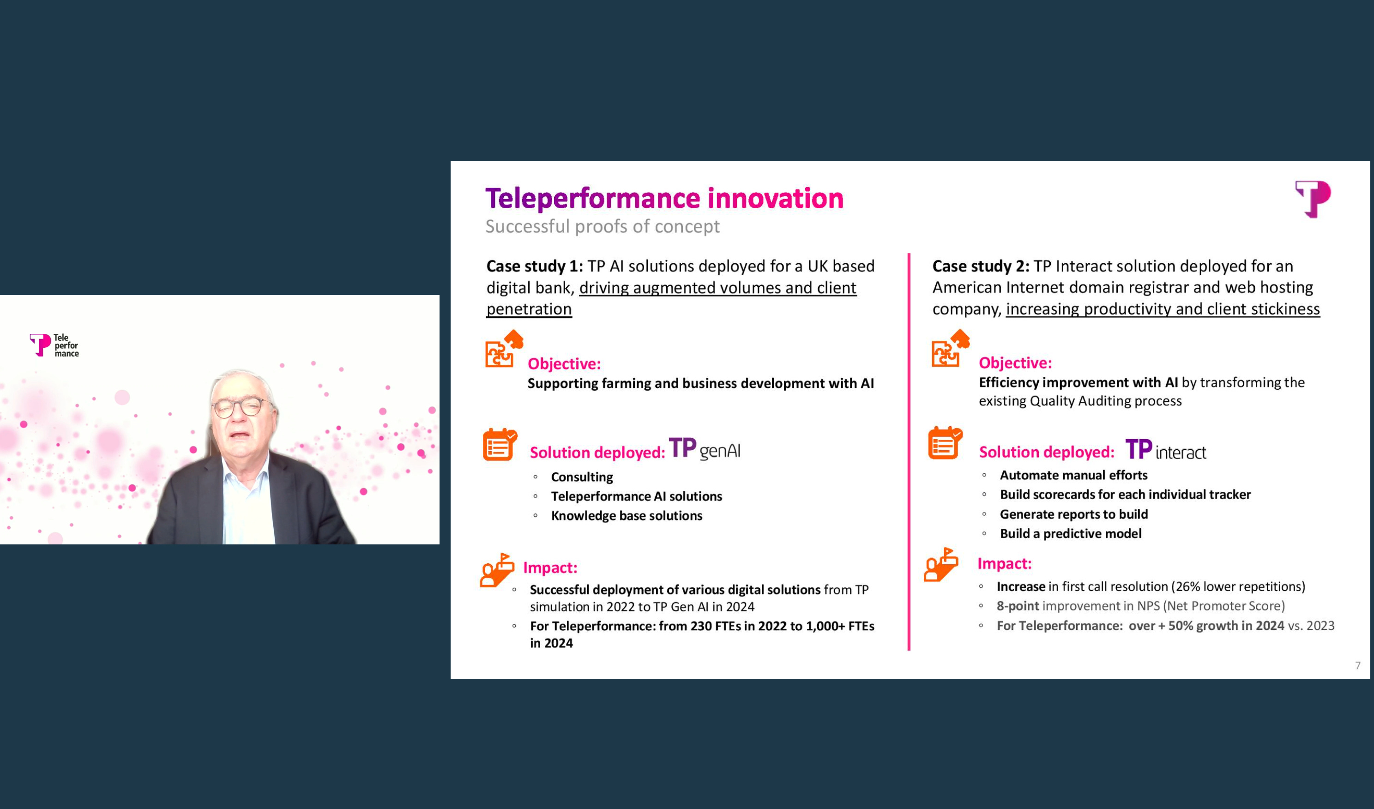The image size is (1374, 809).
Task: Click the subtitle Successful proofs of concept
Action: coord(602,226)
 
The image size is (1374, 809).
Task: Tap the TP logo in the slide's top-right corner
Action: coord(1313,199)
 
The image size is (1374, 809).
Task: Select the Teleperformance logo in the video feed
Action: coord(54,345)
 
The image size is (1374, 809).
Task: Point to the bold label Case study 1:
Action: coord(534,266)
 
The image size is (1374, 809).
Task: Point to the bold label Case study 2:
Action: coord(980,266)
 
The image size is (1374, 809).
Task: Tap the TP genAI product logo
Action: coord(704,449)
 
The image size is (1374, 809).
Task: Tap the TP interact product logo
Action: coord(1165,450)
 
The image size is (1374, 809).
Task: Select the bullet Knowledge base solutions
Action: coord(626,516)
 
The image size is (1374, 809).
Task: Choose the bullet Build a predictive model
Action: coord(1070,534)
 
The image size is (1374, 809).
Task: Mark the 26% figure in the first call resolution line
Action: coord(1187,586)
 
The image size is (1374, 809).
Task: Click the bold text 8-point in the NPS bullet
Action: coord(1018,606)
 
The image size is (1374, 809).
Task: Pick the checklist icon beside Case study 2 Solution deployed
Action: coord(944,443)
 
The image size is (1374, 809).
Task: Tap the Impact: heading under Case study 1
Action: coord(549,568)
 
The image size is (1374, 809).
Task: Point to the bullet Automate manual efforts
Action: coord(1073,475)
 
